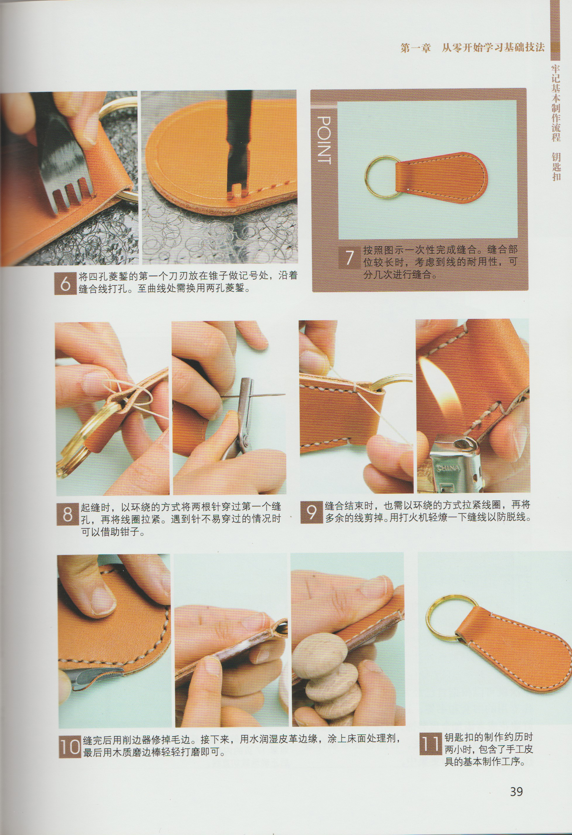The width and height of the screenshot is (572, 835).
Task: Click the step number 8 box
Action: coord(67,514)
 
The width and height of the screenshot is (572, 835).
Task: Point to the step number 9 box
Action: coord(311,512)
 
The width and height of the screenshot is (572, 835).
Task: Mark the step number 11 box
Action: coord(430,744)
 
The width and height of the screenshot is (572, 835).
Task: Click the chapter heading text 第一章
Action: coord(415,48)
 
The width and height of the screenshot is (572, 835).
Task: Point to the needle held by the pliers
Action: coord(266,395)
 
